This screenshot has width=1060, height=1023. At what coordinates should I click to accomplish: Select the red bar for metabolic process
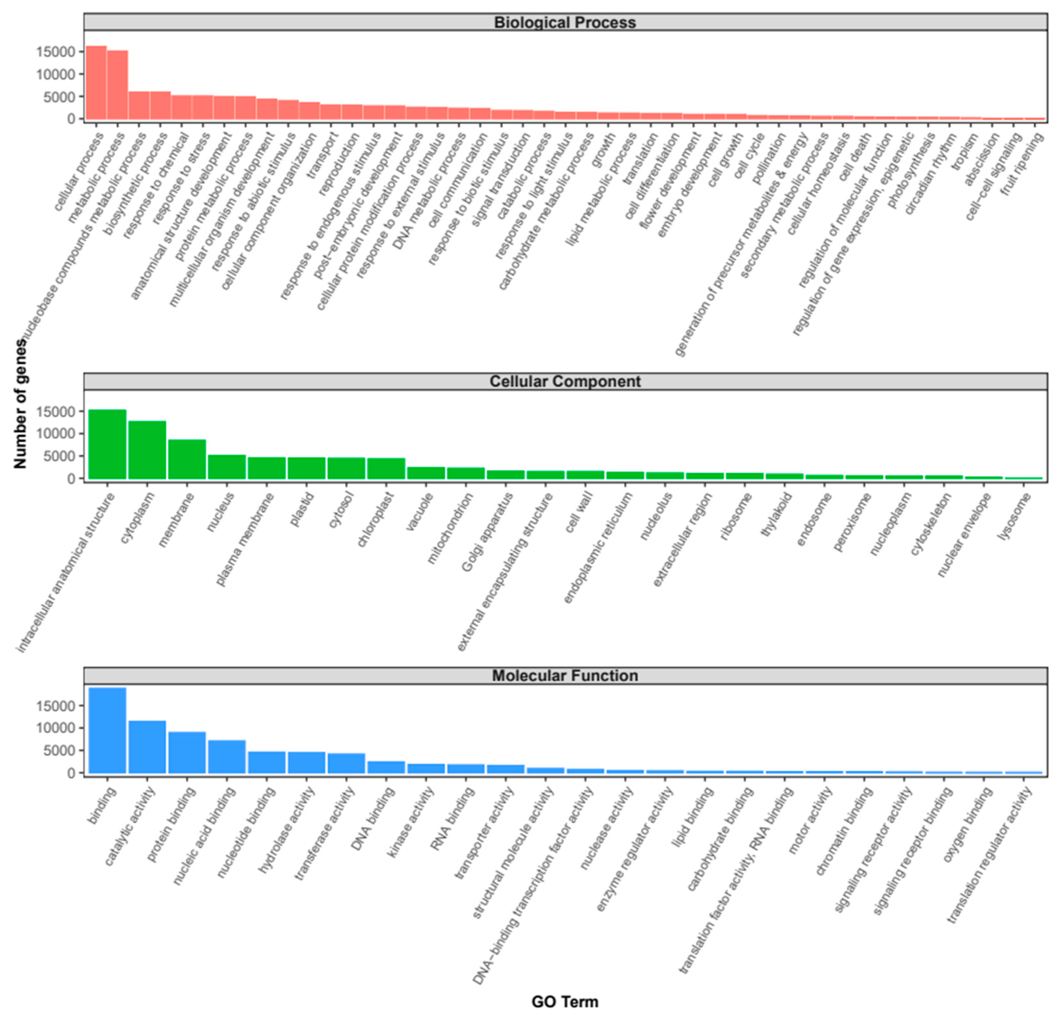(x=117, y=85)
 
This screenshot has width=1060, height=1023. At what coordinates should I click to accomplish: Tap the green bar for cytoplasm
(x=147, y=450)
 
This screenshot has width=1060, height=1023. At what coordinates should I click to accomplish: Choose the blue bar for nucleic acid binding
(x=227, y=757)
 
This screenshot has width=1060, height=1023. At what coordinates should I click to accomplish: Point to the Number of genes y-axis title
(x=20, y=403)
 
